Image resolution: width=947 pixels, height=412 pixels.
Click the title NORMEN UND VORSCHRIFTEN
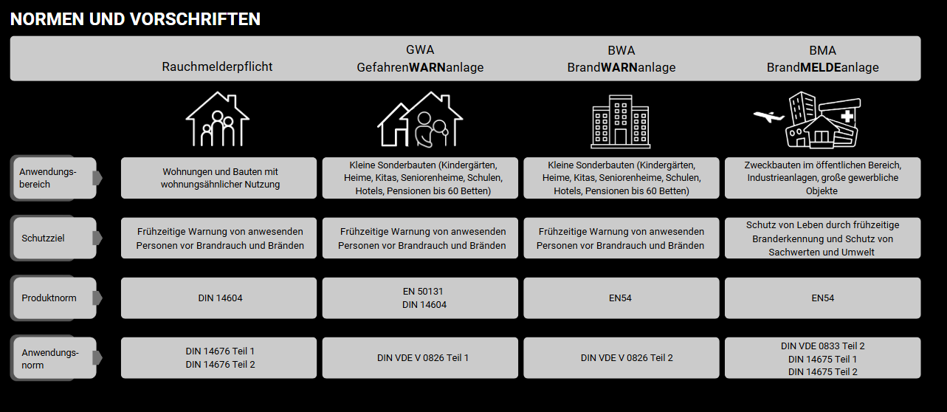pos(135,19)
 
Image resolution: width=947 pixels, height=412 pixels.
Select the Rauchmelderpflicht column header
pos(217,66)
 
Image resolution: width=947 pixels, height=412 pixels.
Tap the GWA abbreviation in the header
pos(420,50)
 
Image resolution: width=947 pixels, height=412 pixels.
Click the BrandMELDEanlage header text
pos(822,67)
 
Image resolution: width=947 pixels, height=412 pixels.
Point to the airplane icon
pos(768,117)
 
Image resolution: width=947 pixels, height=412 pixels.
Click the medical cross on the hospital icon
pos(847,116)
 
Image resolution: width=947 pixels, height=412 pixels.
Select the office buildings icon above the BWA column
pos(620,121)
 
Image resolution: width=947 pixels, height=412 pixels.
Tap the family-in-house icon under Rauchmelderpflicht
pos(217,120)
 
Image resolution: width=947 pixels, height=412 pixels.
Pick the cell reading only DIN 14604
pos(218,298)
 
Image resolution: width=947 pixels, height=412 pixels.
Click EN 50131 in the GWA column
pos(423,292)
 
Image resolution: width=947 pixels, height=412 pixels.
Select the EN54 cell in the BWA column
pos(621,298)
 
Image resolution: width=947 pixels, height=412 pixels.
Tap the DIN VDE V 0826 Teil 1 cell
pos(420,358)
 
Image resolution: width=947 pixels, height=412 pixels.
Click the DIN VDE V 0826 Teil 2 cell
pos(621,358)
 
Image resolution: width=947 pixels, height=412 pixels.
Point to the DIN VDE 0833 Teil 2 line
pos(823,346)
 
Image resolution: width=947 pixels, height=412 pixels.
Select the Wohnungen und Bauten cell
pos(218,178)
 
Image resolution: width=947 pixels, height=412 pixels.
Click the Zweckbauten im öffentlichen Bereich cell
pos(823,178)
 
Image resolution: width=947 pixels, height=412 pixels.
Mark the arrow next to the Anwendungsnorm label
pos(97,358)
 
